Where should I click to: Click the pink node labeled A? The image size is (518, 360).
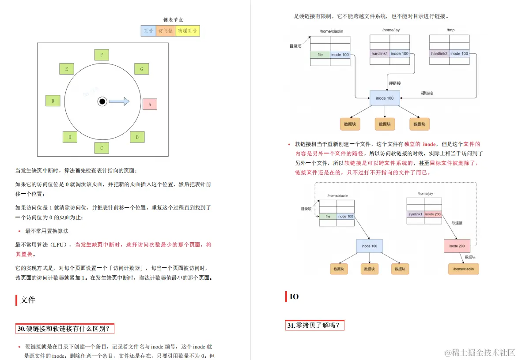pyautogui.click(x=150, y=104)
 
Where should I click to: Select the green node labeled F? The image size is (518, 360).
pyautogui.click(x=102, y=55)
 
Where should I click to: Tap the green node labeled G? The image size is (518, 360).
pyautogui.click(x=141, y=69)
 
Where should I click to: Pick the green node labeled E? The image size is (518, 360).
pyautogui.click(x=67, y=69)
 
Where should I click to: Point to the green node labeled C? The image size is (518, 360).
pyautogui.click(x=102, y=148)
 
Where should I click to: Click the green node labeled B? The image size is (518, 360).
pyautogui.click(x=137, y=137)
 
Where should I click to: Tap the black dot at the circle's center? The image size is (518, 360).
pyautogui.click(x=102, y=101)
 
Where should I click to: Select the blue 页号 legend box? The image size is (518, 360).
pyautogui.click(x=148, y=30)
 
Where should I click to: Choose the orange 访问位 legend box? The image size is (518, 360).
pyautogui.click(x=166, y=30)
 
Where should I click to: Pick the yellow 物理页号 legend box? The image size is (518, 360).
pyautogui.click(x=188, y=30)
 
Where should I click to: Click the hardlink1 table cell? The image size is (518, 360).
pyautogui.click(x=380, y=53)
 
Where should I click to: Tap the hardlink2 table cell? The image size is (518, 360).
pyautogui.click(x=439, y=53)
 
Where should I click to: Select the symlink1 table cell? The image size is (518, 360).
pyautogui.click(x=415, y=214)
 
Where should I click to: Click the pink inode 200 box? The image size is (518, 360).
pyautogui.click(x=457, y=246)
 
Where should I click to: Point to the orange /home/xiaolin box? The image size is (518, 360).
pyautogui.click(x=463, y=269)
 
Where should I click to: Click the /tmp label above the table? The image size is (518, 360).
pyautogui.click(x=450, y=30)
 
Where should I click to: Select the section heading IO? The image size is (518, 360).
pyautogui.click(x=294, y=297)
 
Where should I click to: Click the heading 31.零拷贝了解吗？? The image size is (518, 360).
pyautogui.click(x=314, y=326)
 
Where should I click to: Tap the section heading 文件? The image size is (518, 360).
pyautogui.click(x=28, y=300)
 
